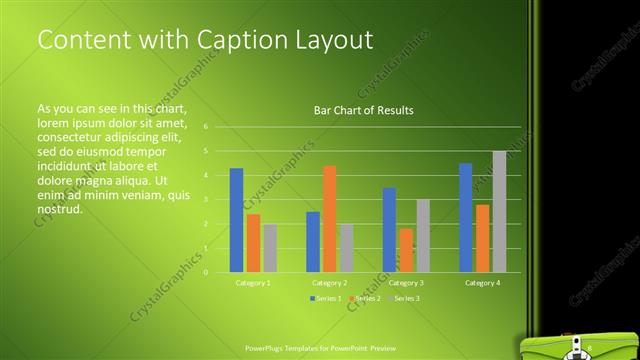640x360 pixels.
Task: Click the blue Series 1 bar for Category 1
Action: pyautogui.click(x=236, y=220)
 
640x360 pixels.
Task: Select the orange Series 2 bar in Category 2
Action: pyautogui.click(x=330, y=219)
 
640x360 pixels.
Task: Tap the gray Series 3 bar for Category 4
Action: pyautogui.click(x=499, y=211)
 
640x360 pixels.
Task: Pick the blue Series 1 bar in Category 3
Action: pyautogui.click(x=389, y=230)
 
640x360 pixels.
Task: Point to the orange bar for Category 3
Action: pyautogui.click(x=406, y=250)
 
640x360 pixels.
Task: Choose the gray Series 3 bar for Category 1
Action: pyautogui.click(x=270, y=248)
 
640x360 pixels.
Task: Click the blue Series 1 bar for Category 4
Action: pyautogui.click(x=466, y=217)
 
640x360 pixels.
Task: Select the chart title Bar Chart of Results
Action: pyautogui.click(x=357, y=110)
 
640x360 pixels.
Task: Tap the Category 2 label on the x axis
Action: pyautogui.click(x=329, y=283)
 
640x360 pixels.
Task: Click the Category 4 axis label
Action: pyautogui.click(x=482, y=283)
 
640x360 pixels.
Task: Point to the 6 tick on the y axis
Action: pyautogui.click(x=204, y=127)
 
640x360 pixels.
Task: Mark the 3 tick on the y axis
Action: pyautogui.click(x=204, y=199)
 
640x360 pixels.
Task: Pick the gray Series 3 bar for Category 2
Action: pyautogui.click(x=346, y=248)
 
